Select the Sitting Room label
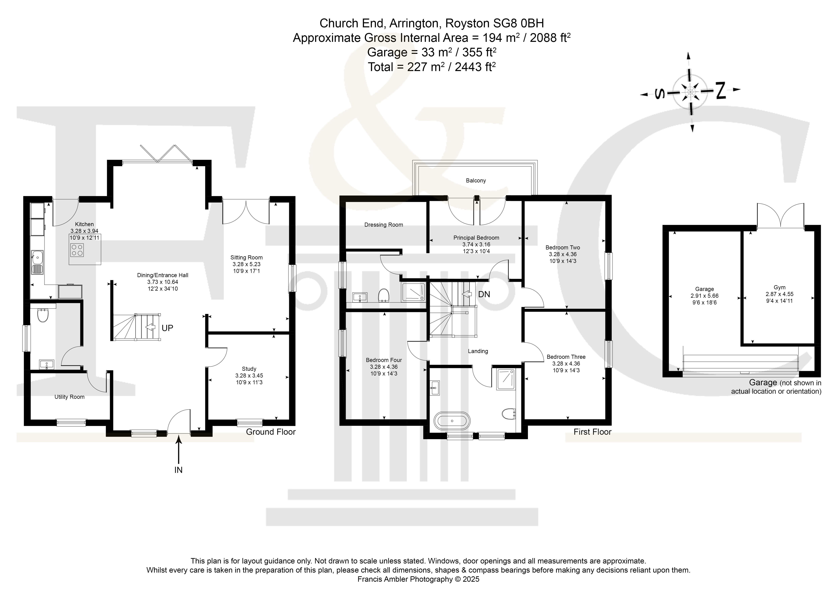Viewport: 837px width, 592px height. click(246, 257)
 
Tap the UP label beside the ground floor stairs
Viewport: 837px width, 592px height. click(167, 328)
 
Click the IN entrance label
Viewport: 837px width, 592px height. click(178, 470)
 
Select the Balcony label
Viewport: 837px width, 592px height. click(476, 180)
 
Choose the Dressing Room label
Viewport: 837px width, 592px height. click(383, 225)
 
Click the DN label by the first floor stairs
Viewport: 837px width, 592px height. click(484, 294)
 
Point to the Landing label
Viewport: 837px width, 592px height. click(478, 351)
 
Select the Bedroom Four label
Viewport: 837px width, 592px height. click(384, 360)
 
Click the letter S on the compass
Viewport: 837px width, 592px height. click(659, 94)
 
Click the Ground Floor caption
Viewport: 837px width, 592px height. click(271, 432)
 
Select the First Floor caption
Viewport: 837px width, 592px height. click(592, 432)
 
